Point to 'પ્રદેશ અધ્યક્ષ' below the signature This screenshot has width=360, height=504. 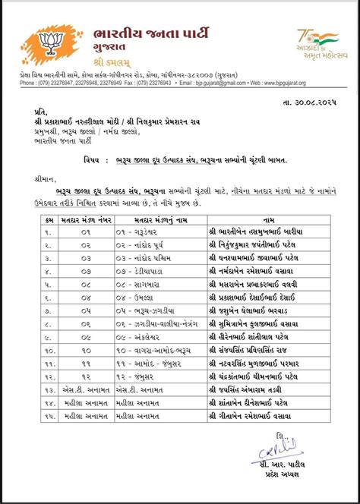pos(290,472)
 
